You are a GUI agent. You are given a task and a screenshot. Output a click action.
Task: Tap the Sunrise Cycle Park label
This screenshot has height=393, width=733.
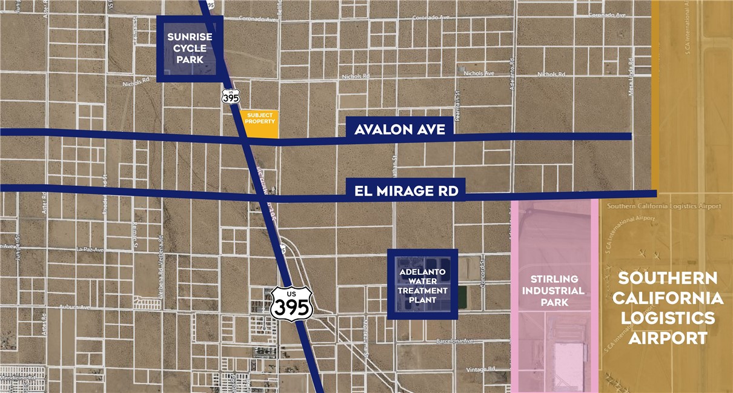click(x=190, y=48)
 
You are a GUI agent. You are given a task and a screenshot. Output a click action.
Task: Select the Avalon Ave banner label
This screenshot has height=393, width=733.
click(x=400, y=130)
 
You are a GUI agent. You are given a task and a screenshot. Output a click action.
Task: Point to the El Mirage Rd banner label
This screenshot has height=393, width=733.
click(x=406, y=192)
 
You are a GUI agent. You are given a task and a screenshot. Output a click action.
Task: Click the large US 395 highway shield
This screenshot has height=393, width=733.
click(x=291, y=303)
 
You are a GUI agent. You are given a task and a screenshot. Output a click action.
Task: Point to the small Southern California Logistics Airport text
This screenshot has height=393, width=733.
click(x=664, y=206)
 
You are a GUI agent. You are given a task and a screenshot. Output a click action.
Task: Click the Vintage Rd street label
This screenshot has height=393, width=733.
click(x=482, y=369)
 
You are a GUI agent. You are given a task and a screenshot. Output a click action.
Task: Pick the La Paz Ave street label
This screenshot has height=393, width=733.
click(x=91, y=249)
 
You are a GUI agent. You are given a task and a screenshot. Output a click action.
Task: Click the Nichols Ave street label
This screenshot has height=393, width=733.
click(x=479, y=73)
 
